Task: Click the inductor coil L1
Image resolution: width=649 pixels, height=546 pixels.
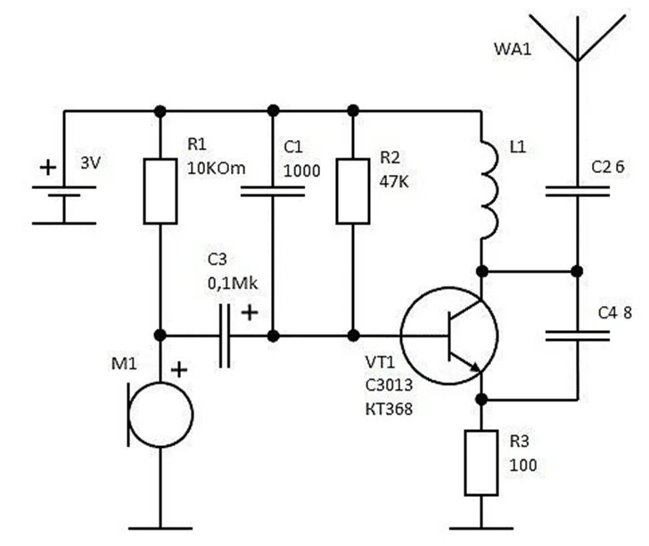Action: (492, 191)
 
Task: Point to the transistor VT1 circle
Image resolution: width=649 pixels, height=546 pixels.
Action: (401, 335)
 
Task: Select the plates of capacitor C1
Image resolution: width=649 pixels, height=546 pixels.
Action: (273, 191)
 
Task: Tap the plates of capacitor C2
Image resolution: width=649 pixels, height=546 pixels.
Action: (578, 191)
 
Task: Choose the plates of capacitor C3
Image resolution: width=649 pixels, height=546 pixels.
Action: (225, 336)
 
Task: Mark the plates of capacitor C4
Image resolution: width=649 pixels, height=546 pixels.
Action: (578, 335)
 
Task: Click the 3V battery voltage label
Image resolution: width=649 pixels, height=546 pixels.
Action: (91, 162)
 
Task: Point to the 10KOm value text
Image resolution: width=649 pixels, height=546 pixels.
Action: (216, 169)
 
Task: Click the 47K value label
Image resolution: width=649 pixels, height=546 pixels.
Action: (394, 181)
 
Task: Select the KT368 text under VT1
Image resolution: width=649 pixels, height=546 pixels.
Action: (389, 409)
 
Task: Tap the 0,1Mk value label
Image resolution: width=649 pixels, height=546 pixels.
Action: (233, 284)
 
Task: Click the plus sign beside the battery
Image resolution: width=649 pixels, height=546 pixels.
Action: (48, 168)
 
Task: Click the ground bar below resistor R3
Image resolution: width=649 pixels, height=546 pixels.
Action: (481, 528)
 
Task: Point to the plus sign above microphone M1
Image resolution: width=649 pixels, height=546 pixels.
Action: (179, 369)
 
